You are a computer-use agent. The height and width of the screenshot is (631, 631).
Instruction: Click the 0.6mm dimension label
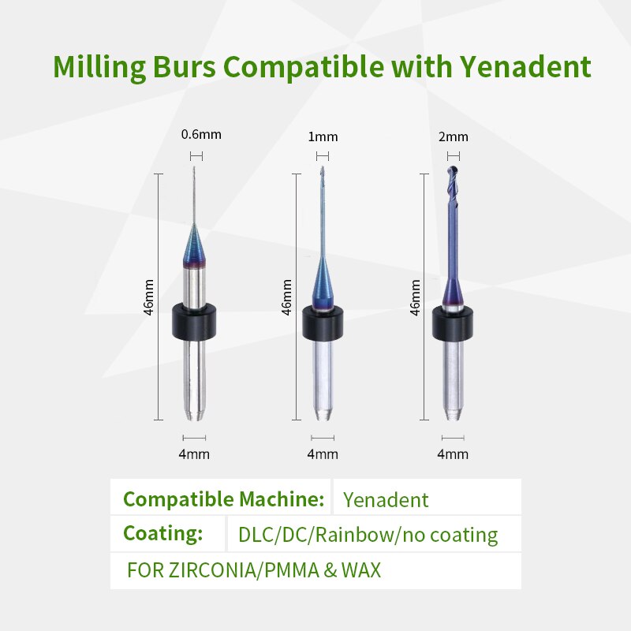click(x=201, y=134)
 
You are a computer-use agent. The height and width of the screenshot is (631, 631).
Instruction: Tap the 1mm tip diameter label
click(x=323, y=136)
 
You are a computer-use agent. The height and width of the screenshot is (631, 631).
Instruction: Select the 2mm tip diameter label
click(x=453, y=136)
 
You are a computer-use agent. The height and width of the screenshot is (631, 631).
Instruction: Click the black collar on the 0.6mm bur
click(x=194, y=322)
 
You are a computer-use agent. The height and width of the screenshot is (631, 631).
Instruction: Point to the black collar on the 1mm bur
click(x=323, y=323)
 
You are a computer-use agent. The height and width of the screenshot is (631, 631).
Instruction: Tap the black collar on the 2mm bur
click(x=453, y=323)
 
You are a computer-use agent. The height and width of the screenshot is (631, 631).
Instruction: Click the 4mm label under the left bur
click(x=194, y=454)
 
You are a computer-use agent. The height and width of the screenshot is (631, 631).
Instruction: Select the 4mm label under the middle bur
click(x=323, y=454)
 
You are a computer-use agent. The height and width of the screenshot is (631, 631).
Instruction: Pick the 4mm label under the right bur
click(x=453, y=454)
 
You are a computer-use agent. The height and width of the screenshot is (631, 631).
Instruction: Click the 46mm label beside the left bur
click(x=149, y=297)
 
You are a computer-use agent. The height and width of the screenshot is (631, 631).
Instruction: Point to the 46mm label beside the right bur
click(x=415, y=297)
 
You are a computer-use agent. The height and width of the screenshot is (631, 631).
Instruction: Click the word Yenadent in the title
click(x=525, y=66)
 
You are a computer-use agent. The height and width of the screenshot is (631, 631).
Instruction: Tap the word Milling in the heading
click(x=99, y=68)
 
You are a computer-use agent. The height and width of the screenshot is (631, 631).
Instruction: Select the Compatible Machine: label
click(x=224, y=499)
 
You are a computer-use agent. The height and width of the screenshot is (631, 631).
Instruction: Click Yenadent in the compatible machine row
click(x=386, y=500)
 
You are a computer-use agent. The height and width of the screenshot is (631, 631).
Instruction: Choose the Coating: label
click(x=163, y=534)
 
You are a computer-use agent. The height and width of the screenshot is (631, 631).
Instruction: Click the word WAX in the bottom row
click(x=361, y=569)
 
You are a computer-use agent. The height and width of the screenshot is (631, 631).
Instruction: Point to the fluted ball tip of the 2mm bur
click(x=453, y=177)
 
